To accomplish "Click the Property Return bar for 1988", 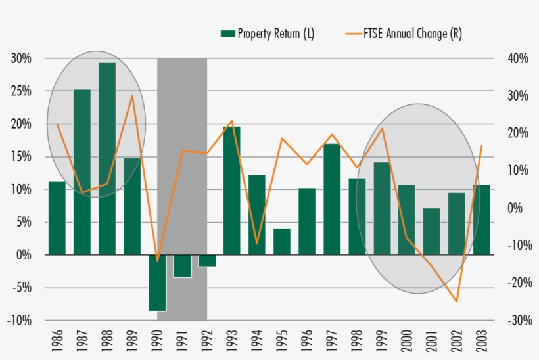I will tap(107, 158).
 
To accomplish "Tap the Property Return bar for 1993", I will tap(232, 191).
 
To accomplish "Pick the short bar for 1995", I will tap(282, 241).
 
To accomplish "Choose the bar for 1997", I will tap(332, 198).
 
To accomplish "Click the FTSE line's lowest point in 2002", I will tap(456, 302).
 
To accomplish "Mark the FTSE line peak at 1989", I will tap(132, 96).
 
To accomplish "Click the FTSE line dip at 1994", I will tap(257, 244).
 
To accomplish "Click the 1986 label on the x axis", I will tap(57, 341).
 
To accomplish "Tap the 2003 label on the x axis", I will tap(482, 341).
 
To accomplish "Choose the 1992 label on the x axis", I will tap(207, 341).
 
